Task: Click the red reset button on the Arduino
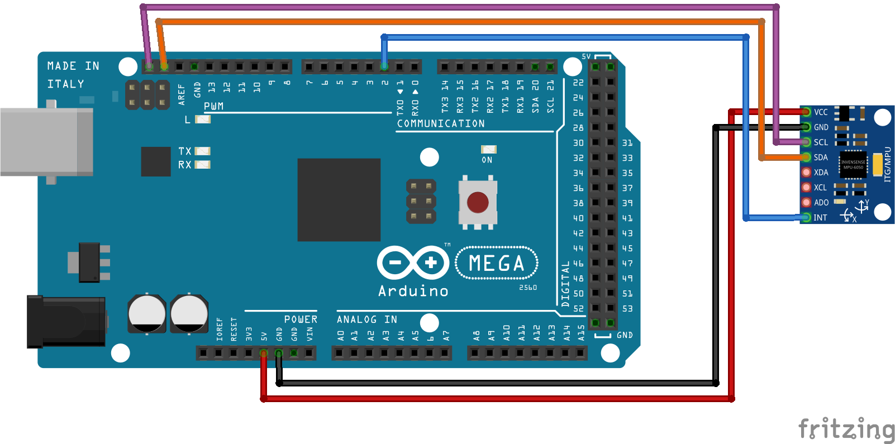(478, 203)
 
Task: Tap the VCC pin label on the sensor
(821, 112)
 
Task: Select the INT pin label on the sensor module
(820, 218)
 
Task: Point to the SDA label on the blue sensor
(821, 157)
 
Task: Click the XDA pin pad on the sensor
(806, 173)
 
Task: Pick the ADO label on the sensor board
(821, 203)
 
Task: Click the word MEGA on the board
(497, 263)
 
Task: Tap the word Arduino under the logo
(413, 291)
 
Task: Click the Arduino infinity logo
(413, 262)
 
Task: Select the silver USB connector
(46, 142)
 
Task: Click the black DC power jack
(66, 322)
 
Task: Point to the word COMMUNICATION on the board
(441, 123)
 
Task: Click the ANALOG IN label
(366, 319)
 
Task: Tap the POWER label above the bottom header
(301, 319)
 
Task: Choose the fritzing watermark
(846, 429)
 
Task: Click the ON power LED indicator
(488, 150)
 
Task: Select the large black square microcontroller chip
(339, 200)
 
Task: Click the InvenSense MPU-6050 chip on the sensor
(853, 165)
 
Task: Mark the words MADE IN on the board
(73, 66)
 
